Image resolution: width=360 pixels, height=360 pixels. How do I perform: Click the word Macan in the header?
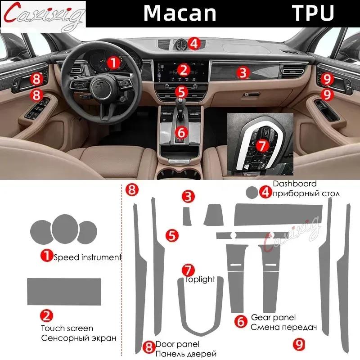click(180, 13)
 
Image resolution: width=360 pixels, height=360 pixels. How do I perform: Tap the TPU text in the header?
click(314, 13)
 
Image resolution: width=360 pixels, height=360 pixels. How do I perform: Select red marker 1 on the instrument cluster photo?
click(114, 62)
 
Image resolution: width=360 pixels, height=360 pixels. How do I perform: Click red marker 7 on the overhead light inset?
click(261, 145)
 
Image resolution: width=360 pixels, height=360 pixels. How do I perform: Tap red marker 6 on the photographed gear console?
click(181, 133)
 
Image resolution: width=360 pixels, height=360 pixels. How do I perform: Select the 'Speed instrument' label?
click(87, 257)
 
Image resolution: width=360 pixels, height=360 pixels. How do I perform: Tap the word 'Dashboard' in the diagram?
click(294, 184)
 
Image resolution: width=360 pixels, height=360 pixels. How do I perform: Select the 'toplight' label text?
click(201, 279)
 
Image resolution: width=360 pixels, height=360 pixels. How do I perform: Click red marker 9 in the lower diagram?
click(297, 343)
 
